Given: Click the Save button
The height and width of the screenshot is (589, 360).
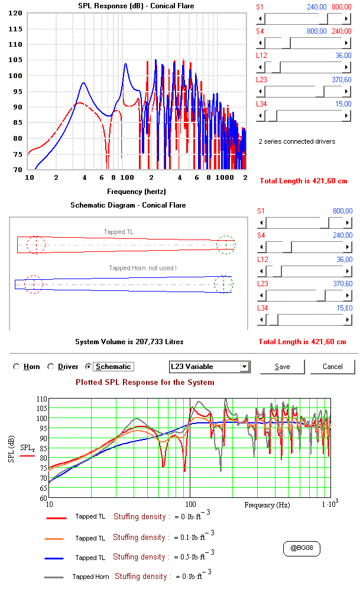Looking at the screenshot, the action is tap(283, 367).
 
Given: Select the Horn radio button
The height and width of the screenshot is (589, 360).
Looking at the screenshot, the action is tap(16, 367).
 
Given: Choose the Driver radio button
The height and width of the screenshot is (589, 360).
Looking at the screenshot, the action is tap(51, 367).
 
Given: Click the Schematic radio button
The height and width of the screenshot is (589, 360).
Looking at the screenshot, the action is tap(88, 367).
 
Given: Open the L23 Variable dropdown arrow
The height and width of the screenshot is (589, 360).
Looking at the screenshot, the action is tap(245, 367).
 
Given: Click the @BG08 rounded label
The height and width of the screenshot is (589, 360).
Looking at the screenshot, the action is tap(301, 548).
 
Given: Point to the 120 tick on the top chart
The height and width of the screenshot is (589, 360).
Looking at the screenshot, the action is tap(15, 13).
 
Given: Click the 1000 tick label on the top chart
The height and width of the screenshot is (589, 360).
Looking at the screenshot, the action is tap(225, 177).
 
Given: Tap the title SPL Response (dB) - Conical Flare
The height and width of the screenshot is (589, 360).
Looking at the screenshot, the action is tap(137, 6).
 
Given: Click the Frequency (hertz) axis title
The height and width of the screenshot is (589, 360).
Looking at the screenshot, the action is tap(137, 192).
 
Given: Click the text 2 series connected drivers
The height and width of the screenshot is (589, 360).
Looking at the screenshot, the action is tap(297, 141).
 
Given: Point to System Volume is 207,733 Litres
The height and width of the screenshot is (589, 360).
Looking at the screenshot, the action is tap(129, 342).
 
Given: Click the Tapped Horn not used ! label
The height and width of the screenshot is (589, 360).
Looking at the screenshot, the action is tap(142, 268).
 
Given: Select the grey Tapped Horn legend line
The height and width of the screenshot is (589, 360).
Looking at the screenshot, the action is tap(54, 577).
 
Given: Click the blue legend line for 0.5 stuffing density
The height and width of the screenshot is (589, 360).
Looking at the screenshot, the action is tap(54, 559).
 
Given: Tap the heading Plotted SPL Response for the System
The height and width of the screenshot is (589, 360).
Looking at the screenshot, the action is tap(145, 383).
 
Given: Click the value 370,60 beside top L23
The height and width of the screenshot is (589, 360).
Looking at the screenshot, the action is tap(342, 80).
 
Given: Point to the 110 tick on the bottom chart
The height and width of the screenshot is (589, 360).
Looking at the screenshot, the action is tap(41, 399).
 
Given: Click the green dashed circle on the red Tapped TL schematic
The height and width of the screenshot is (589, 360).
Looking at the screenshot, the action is tap(226, 245).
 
